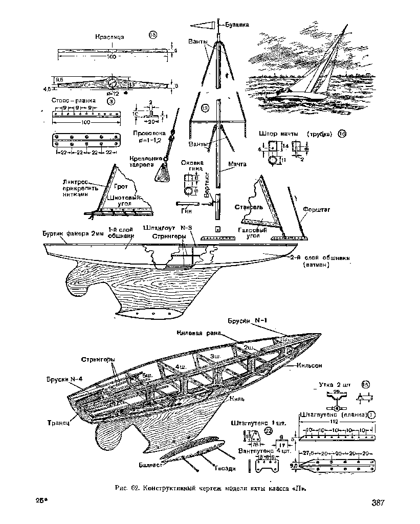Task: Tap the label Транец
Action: (58, 423)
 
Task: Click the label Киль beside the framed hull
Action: (237, 398)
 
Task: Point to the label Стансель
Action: (249, 207)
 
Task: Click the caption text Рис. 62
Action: (127, 488)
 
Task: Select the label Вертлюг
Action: (207, 187)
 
